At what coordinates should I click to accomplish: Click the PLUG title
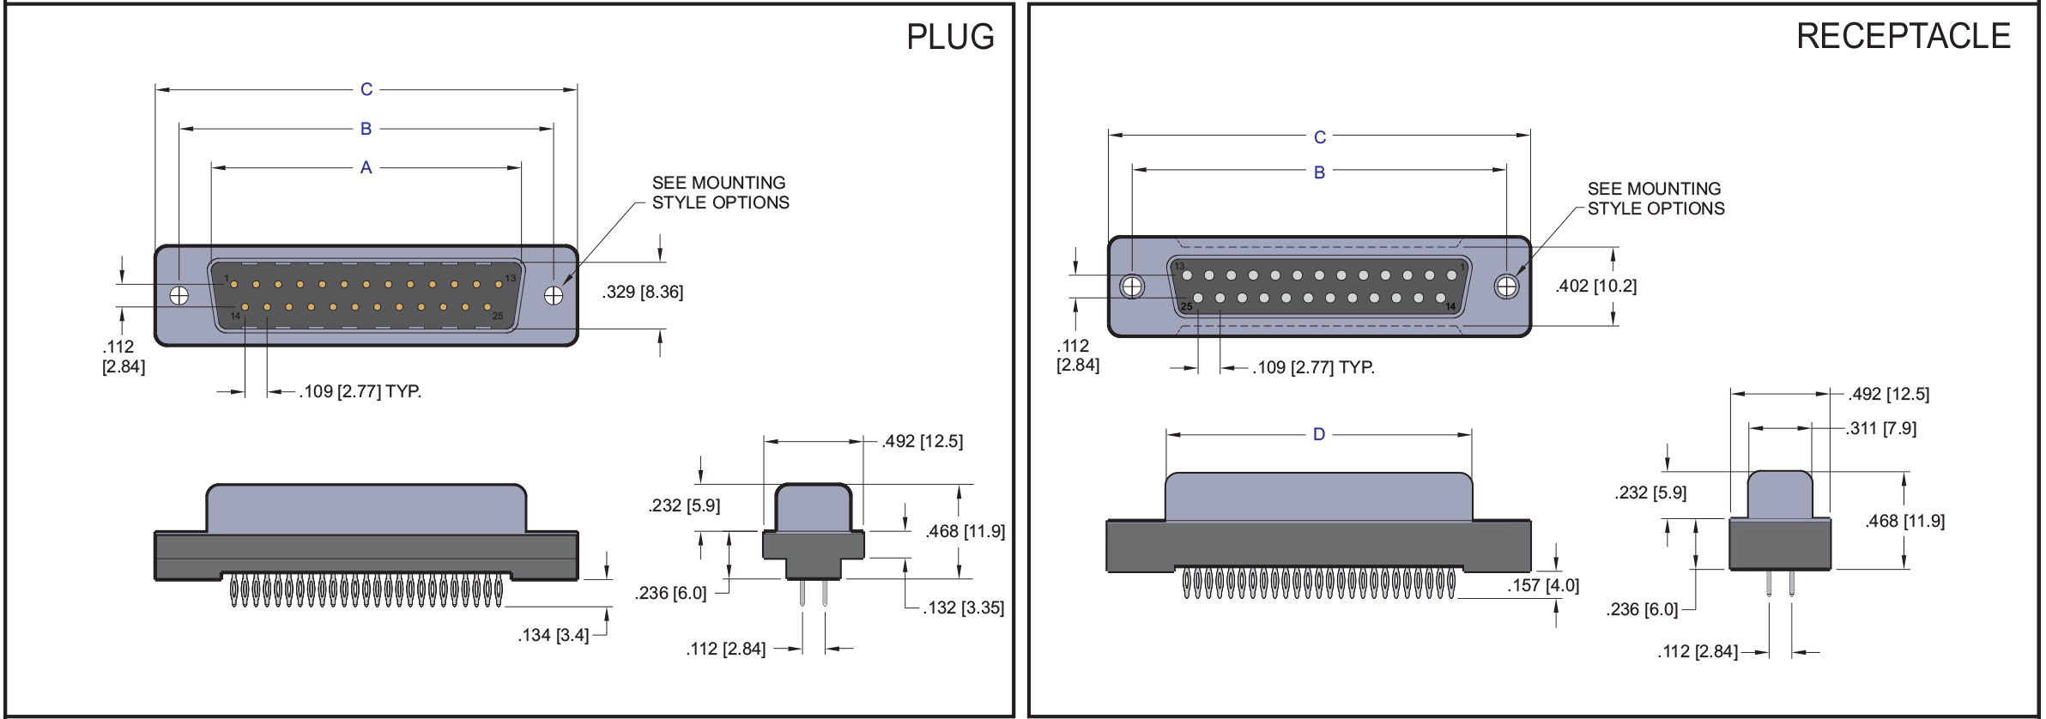pyautogui.click(x=950, y=37)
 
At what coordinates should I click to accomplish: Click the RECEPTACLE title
pyautogui.click(x=1903, y=36)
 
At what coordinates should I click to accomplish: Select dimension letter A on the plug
pyautogui.click(x=366, y=167)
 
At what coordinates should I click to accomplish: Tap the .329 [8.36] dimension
pyautogui.click(x=643, y=292)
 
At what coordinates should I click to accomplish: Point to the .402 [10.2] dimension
pyautogui.click(x=1595, y=286)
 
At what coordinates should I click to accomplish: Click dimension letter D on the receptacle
pyautogui.click(x=1319, y=434)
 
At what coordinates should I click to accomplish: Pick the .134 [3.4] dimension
pyautogui.click(x=554, y=635)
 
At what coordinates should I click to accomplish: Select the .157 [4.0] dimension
pyautogui.click(x=1543, y=585)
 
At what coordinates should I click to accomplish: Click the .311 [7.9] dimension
pyautogui.click(x=1880, y=428)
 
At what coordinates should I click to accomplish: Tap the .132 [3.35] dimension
pyautogui.click(x=963, y=607)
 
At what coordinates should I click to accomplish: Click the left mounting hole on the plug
pyautogui.click(x=179, y=295)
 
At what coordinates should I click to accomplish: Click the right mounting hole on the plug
pyautogui.click(x=554, y=295)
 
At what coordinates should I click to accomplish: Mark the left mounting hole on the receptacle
pyautogui.click(x=1133, y=286)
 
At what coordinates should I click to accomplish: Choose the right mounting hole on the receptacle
pyautogui.click(x=1506, y=286)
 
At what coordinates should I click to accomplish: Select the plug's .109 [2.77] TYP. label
pyautogui.click(x=360, y=391)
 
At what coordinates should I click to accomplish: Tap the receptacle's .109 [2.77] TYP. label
pyautogui.click(x=1313, y=367)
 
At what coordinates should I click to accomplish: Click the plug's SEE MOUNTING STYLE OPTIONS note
pyautogui.click(x=720, y=193)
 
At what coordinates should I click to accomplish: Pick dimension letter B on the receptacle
pyautogui.click(x=1319, y=172)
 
